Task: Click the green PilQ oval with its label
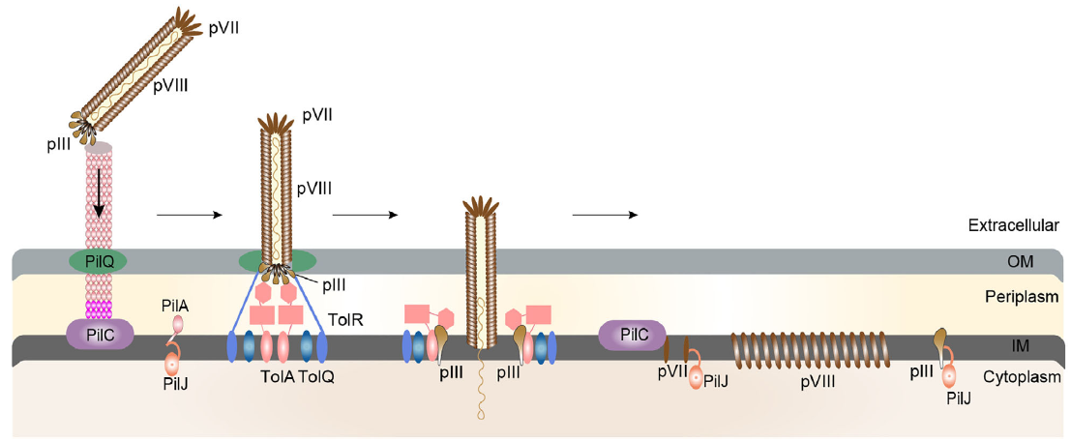pos(97,260)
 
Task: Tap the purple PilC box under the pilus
pos(100,334)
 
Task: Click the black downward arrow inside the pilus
pos(99,198)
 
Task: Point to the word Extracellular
pos(1013,225)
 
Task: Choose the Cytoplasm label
pos(1022,377)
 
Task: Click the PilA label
pos(178,306)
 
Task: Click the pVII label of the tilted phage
pos(224,27)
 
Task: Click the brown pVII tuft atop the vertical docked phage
pos(277,123)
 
